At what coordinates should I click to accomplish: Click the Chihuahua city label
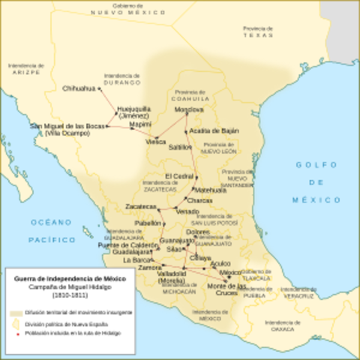click(79, 88)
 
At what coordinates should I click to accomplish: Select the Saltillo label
click(179, 148)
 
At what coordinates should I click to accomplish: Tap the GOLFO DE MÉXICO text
click(316, 181)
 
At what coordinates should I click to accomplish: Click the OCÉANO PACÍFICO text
click(52, 230)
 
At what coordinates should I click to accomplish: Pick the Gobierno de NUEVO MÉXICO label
click(126, 9)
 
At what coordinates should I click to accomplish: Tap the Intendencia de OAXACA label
click(283, 325)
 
